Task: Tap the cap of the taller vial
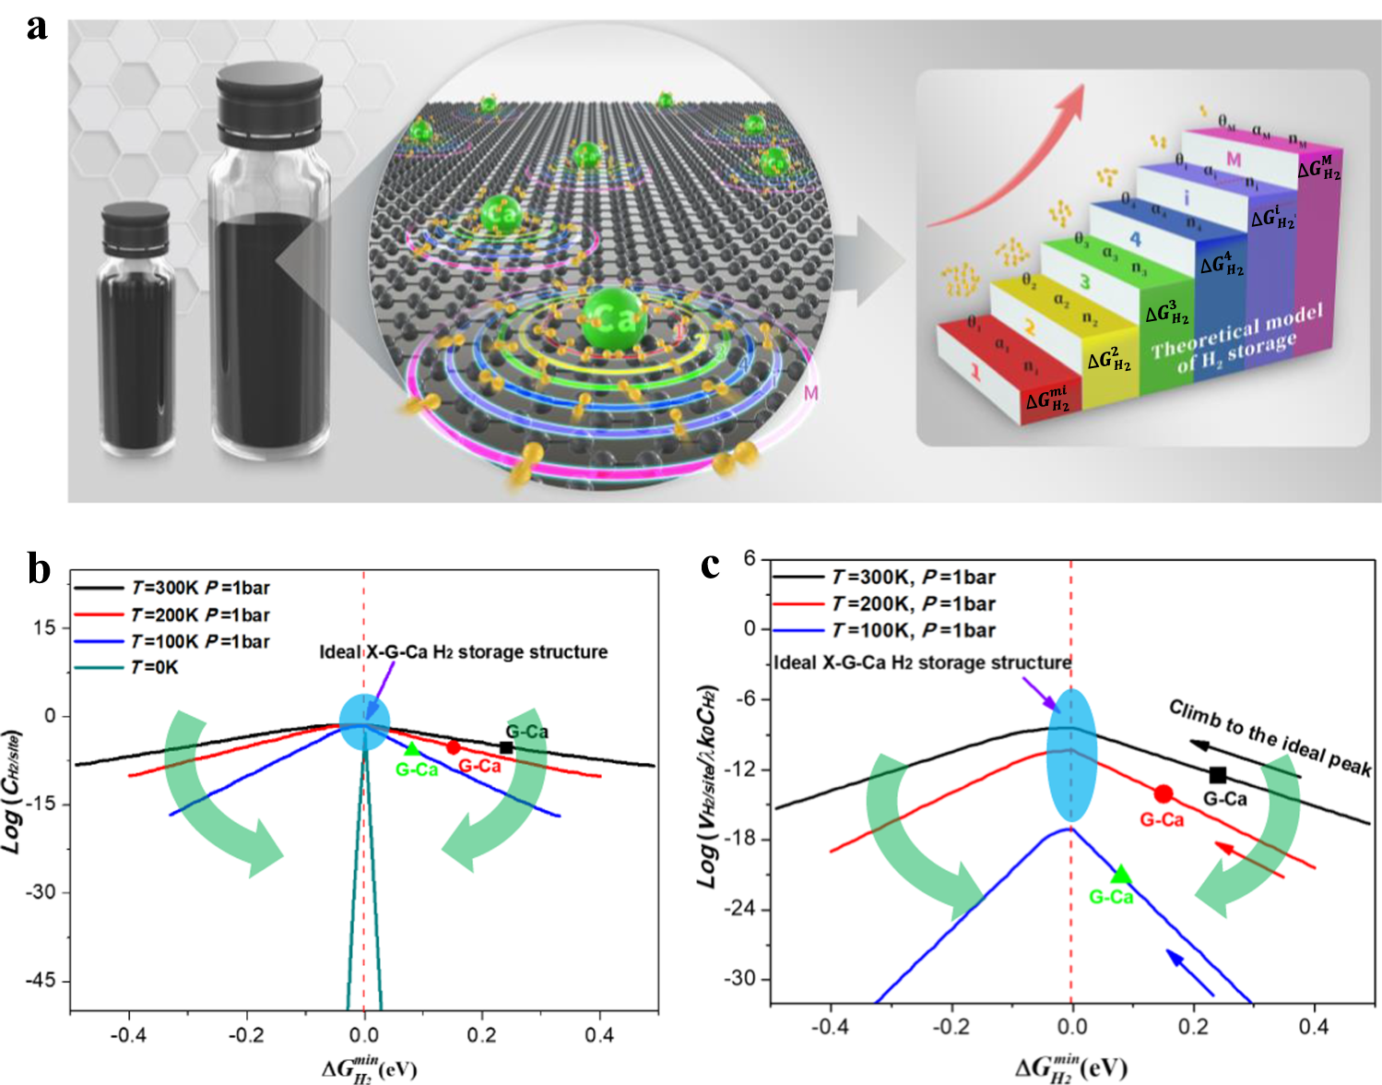click(268, 101)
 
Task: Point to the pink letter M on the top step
click(1234, 161)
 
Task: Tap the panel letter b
click(39, 569)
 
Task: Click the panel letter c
click(710, 564)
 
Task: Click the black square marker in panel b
click(506, 747)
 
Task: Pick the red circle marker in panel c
click(1163, 793)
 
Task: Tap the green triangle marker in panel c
click(1121, 875)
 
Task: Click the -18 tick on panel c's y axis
click(739, 839)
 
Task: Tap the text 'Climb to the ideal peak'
click(1270, 738)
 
